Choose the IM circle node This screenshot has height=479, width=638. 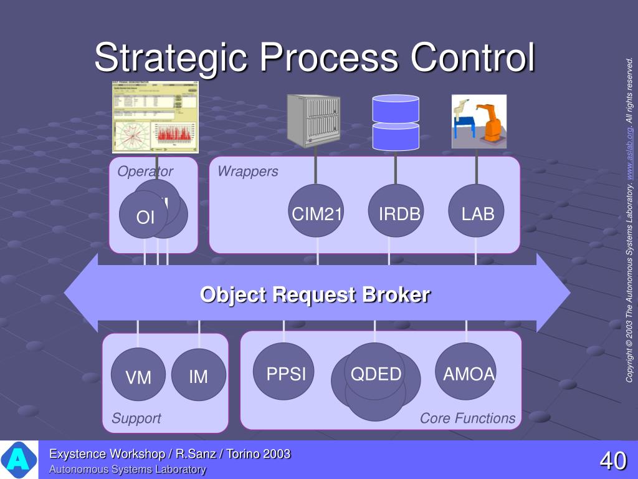(x=198, y=375)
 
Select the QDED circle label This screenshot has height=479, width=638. (x=375, y=373)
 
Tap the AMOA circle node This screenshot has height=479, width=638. (x=467, y=374)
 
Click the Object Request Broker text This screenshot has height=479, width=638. (x=315, y=294)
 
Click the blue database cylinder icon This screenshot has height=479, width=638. (x=396, y=122)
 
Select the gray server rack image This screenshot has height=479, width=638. (x=313, y=120)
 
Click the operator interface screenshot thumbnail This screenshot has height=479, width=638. (x=155, y=117)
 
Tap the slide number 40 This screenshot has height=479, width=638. (x=612, y=462)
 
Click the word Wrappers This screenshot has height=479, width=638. (x=247, y=172)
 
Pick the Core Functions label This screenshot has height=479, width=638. (x=467, y=418)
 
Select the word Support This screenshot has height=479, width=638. (x=136, y=419)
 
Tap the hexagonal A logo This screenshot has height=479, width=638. (x=18, y=460)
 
